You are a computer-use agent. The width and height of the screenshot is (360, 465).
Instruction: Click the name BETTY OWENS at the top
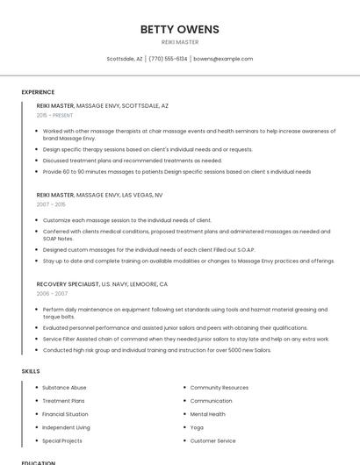click(x=179, y=29)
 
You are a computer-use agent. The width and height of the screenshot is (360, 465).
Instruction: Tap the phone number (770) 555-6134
click(x=168, y=59)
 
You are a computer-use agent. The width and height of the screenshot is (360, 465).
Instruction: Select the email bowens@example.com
click(x=223, y=59)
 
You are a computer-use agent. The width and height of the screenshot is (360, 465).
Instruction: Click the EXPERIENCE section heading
click(x=38, y=92)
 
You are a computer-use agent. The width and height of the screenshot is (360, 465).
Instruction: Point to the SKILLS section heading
click(x=30, y=371)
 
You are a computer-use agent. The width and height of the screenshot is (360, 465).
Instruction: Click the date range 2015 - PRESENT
click(x=54, y=115)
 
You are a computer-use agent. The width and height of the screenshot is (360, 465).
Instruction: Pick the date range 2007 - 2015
click(x=51, y=204)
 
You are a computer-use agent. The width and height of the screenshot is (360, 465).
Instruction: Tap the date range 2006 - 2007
click(x=51, y=294)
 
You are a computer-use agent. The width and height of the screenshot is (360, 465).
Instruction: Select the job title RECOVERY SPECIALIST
click(x=68, y=284)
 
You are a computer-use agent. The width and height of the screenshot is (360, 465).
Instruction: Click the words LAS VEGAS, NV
click(x=142, y=195)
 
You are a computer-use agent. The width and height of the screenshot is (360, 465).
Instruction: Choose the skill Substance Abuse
click(x=64, y=387)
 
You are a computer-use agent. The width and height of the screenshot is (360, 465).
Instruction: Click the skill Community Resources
click(x=219, y=387)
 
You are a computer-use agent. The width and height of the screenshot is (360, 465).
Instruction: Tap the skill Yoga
click(x=197, y=427)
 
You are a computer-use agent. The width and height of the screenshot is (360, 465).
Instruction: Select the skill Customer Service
click(x=212, y=440)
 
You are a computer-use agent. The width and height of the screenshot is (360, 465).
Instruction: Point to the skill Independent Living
click(x=66, y=427)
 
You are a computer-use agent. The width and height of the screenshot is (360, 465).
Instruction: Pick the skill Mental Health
click(x=207, y=414)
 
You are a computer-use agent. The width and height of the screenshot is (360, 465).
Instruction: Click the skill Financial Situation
click(x=65, y=414)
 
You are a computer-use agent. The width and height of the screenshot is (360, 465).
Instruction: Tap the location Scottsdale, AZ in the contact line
click(x=125, y=59)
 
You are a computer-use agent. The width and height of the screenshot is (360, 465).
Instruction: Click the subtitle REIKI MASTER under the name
click(x=179, y=41)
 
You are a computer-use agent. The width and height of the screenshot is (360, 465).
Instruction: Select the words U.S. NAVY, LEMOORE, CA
click(x=134, y=284)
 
